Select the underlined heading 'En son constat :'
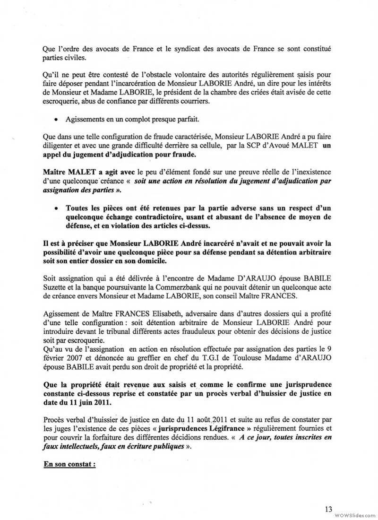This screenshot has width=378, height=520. (69, 464)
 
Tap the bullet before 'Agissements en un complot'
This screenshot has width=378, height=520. (56, 120)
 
